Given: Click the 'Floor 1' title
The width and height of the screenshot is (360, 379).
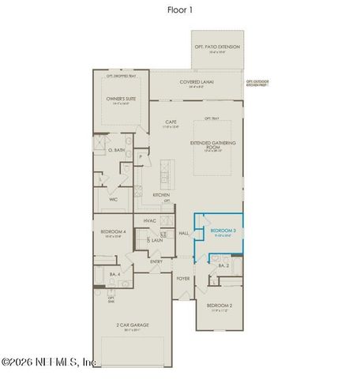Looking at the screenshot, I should coord(179,10).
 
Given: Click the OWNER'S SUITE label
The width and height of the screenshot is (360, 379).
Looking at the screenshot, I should coord(122,99).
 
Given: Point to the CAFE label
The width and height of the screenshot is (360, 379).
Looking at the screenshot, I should coord(171,122).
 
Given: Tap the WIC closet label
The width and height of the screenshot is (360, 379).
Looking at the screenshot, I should coord(113,200).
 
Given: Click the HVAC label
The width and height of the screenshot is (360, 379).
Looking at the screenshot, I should coord(150,220).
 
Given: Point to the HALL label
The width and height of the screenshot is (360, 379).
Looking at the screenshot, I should coord(184,233).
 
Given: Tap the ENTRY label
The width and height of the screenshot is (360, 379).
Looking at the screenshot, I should coord(157,261).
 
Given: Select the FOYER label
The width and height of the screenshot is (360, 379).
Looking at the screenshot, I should coord(183,278).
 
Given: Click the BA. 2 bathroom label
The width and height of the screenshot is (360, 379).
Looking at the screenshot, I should coord(223,266).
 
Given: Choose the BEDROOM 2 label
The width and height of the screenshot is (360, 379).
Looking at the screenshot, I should coord(219,305).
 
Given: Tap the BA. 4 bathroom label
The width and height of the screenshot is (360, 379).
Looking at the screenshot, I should coord(114,273).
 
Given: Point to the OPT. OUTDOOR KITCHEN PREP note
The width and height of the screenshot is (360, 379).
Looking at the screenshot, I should coord(257,83).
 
